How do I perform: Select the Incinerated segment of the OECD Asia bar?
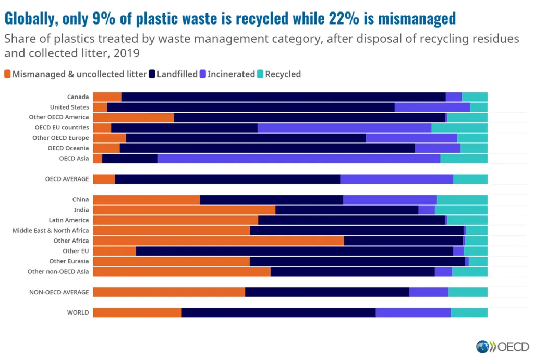tap(299, 159)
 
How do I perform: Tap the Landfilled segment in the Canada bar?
tap(283, 97)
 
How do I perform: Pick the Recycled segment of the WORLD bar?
tap(469, 313)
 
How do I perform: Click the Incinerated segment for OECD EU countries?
tap(344, 128)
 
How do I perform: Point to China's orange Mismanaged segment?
tap(146, 199)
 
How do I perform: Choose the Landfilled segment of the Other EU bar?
tap(294, 251)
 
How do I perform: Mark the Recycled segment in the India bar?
tap(461, 210)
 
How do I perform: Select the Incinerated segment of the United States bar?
tap(432, 107)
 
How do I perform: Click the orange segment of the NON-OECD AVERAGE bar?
tap(169, 292)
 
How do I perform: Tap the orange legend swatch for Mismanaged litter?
tap(7, 74)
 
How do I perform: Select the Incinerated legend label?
tap(231, 74)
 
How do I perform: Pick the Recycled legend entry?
tap(283, 74)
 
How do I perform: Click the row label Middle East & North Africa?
tap(51, 230)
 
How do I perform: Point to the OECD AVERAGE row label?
tap(67, 179)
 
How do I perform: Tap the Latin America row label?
tap(69, 220)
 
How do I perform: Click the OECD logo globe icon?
tap(483, 347)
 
